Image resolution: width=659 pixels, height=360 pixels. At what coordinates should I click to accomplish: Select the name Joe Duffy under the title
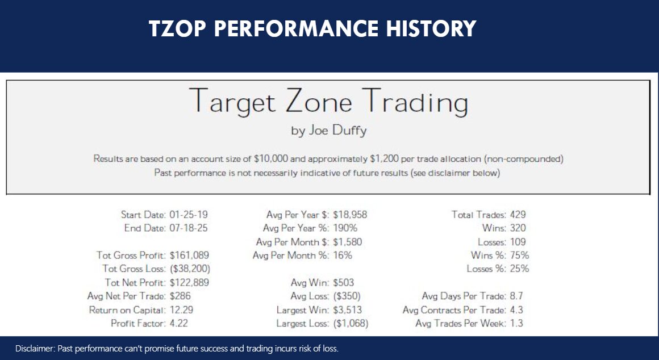click(x=337, y=131)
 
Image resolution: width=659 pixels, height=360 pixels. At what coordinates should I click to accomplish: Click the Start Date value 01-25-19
click(x=189, y=215)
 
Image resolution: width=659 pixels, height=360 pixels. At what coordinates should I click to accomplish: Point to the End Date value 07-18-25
click(x=189, y=228)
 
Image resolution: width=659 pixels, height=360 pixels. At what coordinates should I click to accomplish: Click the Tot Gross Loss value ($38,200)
click(x=190, y=269)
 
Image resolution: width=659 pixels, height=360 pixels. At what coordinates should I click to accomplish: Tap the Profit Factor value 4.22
click(x=179, y=323)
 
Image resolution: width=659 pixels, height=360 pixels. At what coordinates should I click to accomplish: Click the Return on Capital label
click(x=127, y=310)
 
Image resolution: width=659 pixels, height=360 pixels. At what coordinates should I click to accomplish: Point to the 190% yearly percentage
click(x=345, y=228)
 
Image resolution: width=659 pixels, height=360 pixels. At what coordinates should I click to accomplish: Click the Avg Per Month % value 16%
click(x=343, y=256)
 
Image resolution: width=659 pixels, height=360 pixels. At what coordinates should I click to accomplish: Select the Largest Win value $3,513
click(x=347, y=310)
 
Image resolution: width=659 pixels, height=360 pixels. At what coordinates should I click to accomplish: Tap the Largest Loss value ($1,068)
click(x=351, y=323)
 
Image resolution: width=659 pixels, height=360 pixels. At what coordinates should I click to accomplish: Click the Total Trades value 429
click(x=518, y=215)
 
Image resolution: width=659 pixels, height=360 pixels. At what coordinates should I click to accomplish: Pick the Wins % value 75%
click(x=519, y=256)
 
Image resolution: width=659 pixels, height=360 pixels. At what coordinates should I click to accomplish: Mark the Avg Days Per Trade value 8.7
click(x=516, y=296)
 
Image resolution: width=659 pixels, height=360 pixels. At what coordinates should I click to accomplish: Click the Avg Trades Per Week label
click(x=461, y=323)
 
